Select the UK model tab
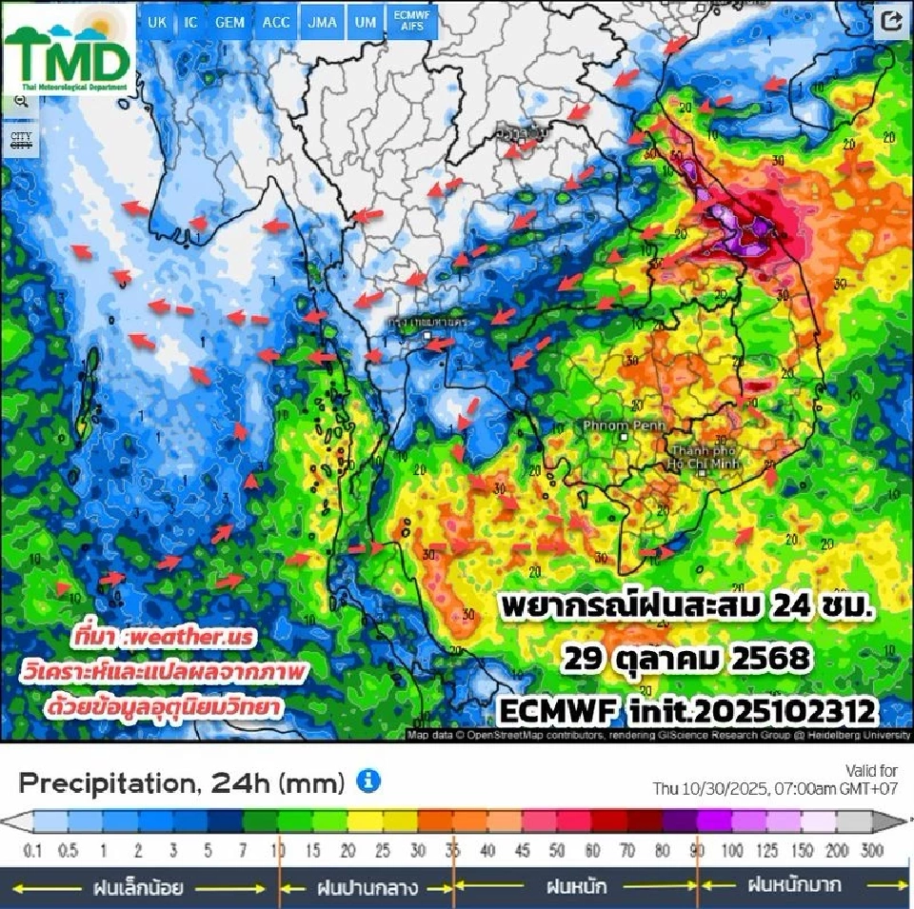tap(156, 22)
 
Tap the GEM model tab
tap(229, 22)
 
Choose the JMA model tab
tap(322, 22)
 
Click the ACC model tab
tap(276, 22)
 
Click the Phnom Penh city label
tap(612, 425)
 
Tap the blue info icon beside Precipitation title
tap(368, 782)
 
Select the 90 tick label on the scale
tap(698, 849)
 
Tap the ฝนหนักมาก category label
tap(794, 885)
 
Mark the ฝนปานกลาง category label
tap(366, 887)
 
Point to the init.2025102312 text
tap(751, 709)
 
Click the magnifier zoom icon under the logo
tap(20, 102)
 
